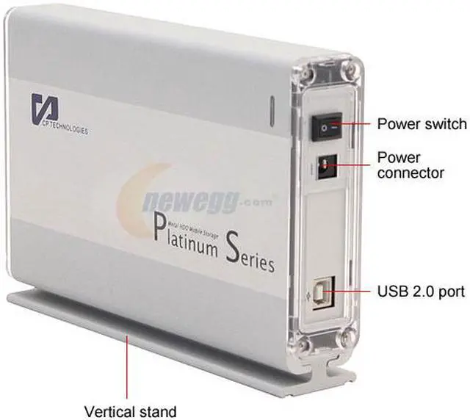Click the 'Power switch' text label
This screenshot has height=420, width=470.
click(421, 123)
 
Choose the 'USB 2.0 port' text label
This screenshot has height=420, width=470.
click(421, 292)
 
